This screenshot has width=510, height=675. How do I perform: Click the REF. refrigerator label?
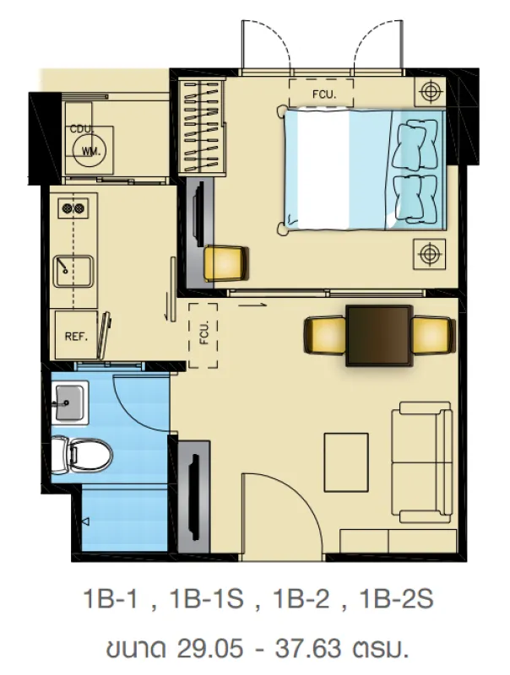[x=76, y=336]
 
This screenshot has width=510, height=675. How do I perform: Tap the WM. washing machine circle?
[x=91, y=151]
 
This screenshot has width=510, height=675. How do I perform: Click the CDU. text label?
[x=82, y=129]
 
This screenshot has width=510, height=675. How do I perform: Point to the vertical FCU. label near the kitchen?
[x=204, y=332]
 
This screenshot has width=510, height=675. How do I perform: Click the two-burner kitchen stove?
[x=73, y=208]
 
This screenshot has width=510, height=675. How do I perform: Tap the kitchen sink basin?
[x=73, y=271]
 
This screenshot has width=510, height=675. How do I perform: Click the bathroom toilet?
[x=81, y=455]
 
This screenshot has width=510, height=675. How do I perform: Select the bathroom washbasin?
[x=70, y=402]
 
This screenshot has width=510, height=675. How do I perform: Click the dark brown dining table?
[x=379, y=335]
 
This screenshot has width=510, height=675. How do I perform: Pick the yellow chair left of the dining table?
[x=325, y=334]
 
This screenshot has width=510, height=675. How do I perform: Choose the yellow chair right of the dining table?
[x=433, y=334]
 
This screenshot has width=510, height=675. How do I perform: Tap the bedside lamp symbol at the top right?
[x=430, y=91]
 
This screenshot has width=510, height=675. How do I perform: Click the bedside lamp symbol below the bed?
[x=429, y=254]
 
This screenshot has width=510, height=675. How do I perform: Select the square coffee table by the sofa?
[x=346, y=462]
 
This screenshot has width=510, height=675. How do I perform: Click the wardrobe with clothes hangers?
[x=202, y=127]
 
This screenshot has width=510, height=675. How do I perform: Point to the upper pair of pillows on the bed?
[x=416, y=143]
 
